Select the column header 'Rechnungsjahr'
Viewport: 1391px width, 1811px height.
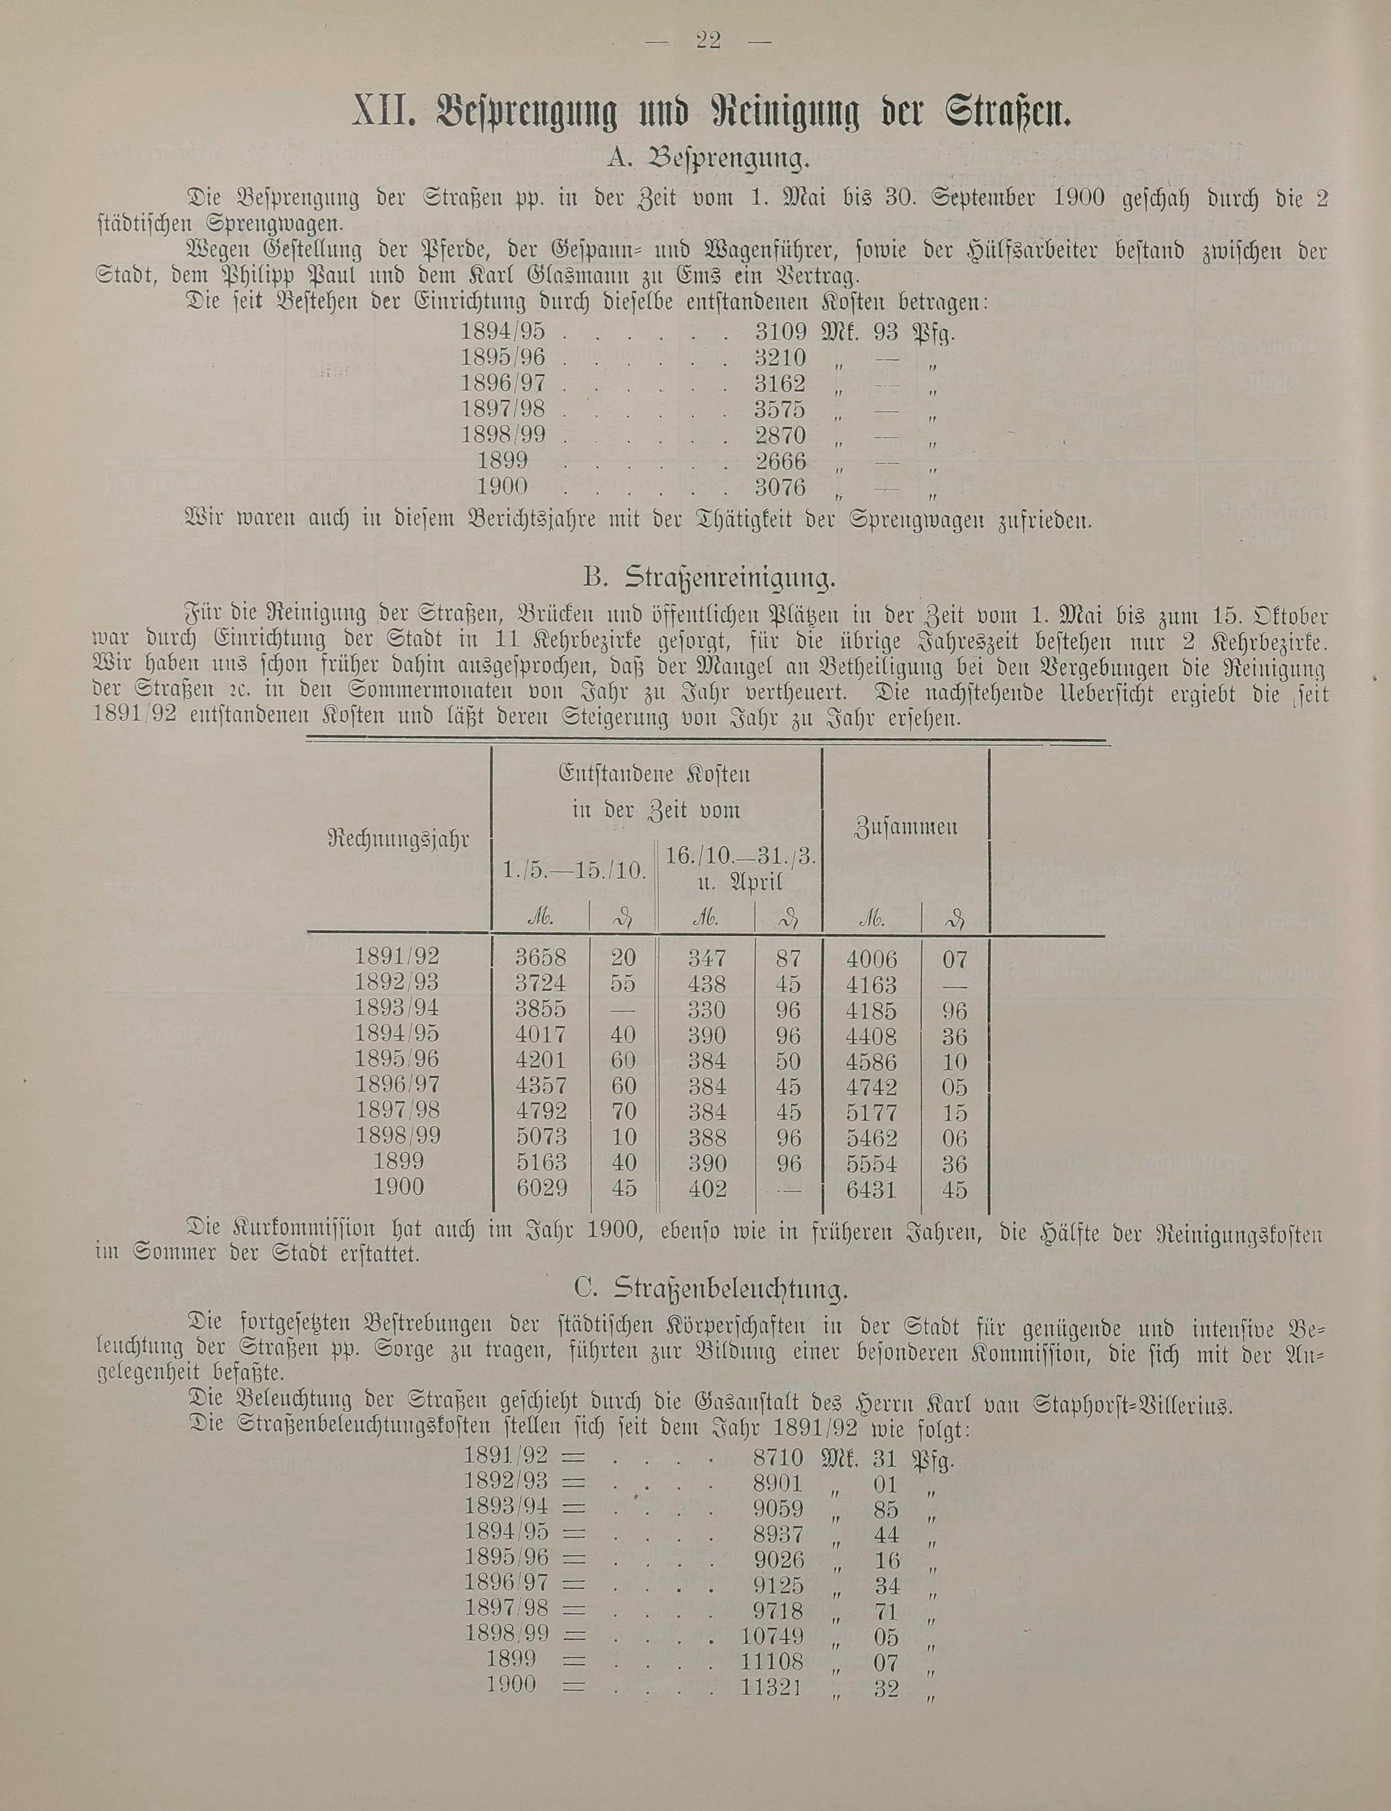pos(399,839)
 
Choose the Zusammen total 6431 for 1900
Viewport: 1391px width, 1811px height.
pos(872,1189)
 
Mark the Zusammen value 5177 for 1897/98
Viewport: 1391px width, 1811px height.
pos(872,1113)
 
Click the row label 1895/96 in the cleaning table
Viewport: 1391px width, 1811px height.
pos(397,1059)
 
